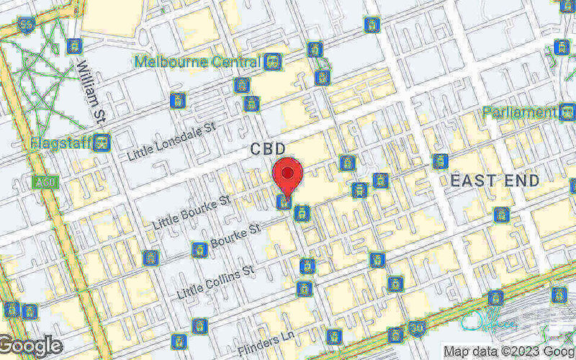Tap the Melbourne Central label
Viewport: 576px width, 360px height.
tap(198, 61)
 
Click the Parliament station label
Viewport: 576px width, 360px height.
tap(519, 112)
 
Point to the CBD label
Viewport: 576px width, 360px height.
tap(274, 149)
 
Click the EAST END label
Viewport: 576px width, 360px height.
tap(495, 181)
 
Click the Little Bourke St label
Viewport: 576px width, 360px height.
tap(191, 211)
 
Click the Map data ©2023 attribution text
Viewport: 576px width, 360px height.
tap(508, 351)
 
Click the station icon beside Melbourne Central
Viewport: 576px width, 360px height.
tap(272, 62)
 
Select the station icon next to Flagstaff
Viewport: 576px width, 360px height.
tap(102, 143)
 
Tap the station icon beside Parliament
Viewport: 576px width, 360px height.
tap(567, 112)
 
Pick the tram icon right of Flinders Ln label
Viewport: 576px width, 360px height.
tap(333, 336)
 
